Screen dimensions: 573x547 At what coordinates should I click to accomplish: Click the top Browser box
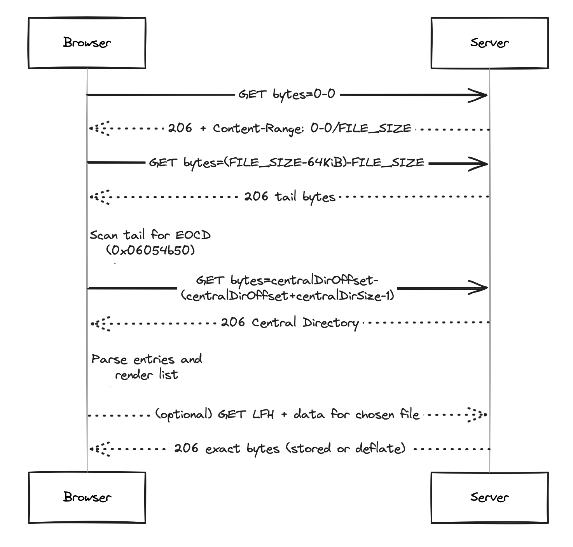tap(87, 43)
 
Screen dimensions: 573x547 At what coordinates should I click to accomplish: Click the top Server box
tap(489, 43)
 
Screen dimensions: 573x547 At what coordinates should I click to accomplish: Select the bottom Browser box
tap(87, 498)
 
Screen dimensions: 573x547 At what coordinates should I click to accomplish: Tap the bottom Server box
tap(489, 498)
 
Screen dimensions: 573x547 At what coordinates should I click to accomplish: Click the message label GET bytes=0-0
tap(287, 95)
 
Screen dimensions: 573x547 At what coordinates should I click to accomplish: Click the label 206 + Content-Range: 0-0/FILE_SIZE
tap(290, 129)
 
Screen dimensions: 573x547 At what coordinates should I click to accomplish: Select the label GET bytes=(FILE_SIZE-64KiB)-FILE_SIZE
tap(286, 163)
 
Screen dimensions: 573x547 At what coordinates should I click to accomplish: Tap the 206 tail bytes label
tap(290, 197)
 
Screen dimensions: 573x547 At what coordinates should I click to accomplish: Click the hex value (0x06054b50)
tap(150, 251)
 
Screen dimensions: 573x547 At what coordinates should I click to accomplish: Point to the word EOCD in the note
tap(193, 235)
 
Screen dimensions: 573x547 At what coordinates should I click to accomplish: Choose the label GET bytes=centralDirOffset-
tap(287, 280)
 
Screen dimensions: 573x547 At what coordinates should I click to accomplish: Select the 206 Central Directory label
tap(290, 323)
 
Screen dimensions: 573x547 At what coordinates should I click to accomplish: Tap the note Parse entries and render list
tap(147, 367)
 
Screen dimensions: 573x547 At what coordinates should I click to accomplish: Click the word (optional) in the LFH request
tap(184, 415)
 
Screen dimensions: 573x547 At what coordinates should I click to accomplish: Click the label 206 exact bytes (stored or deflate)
tap(290, 449)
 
